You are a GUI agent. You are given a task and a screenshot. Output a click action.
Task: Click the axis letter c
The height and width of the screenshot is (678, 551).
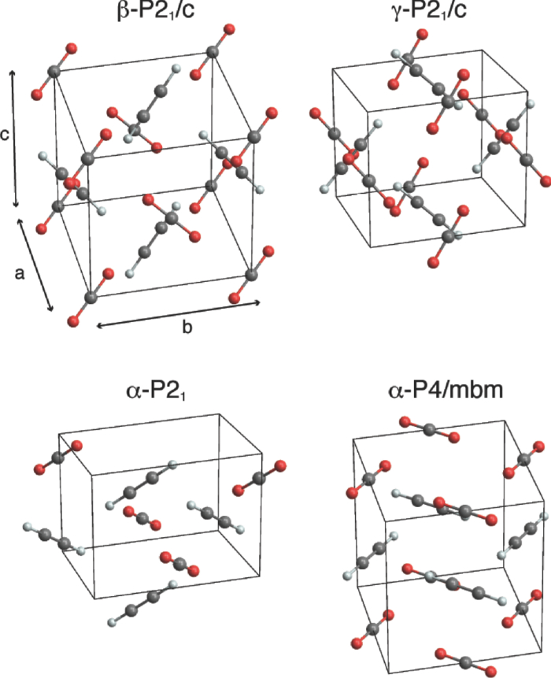tap(6, 135)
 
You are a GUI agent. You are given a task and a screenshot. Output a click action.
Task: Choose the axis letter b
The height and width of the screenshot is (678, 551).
tap(187, 328)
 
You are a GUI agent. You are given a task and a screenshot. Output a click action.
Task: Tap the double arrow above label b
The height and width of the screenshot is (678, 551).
tap(178, 312)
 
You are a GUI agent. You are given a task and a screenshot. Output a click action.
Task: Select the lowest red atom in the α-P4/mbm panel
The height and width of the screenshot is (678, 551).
tap(492, 669)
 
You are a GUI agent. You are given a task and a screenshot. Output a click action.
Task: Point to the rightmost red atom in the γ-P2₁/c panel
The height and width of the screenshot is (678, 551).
tap(545, 182)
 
